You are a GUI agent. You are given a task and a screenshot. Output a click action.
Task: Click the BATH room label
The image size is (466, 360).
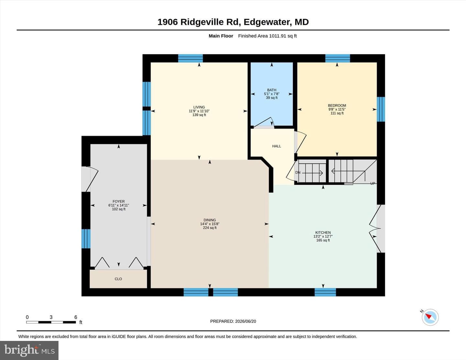point(272,90)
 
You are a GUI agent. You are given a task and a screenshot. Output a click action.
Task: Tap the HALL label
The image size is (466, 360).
point(276,146)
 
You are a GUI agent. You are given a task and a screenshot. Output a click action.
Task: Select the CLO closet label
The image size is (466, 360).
point(118,279)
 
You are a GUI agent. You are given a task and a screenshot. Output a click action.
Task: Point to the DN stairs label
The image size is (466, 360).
point(298,172)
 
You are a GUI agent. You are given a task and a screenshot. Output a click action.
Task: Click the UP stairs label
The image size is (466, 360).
point(373,183)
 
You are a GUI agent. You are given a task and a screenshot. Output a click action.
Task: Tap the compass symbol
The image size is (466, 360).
point(430,317)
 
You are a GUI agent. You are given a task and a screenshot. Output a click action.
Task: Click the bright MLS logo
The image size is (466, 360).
point(29,350)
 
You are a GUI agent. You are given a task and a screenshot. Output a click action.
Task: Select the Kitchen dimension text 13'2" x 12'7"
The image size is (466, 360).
point(323,236)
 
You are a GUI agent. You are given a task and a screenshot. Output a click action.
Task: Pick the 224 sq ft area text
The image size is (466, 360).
point(209,228)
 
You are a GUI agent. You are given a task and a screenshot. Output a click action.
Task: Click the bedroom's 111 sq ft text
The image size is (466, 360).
point(337,113)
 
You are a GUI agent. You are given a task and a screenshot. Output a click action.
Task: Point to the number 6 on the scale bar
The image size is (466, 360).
point(75,317)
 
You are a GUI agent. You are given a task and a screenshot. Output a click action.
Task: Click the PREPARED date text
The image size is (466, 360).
point(233,321)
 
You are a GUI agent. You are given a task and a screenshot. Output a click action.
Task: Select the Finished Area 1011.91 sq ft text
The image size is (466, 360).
point(267,36)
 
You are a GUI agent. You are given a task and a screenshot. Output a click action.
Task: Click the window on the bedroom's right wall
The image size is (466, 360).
point(381,109)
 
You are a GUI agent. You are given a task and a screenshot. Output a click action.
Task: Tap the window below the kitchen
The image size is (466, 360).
point(325,292)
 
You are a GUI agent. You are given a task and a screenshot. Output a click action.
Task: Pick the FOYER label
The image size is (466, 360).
point(118,202)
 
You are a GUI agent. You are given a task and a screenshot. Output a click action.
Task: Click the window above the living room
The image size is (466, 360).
point(190,58)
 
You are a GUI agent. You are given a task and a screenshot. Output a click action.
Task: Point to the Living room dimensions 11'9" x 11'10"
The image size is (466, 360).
point(199,111)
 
